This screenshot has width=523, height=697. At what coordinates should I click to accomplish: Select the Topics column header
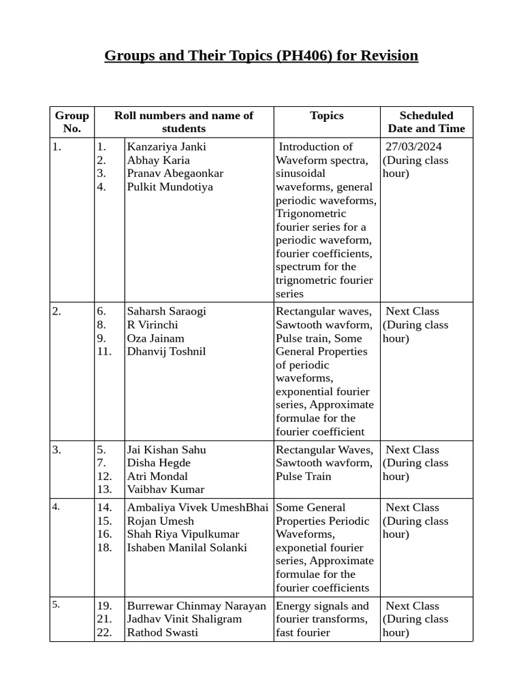(327, 116)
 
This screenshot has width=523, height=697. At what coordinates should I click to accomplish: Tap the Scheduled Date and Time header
(426, 122)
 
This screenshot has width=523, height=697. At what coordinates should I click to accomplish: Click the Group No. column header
(72, 122)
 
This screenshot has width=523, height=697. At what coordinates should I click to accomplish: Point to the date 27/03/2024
(413, 147)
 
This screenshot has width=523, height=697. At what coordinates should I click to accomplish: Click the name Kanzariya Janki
(166, 147)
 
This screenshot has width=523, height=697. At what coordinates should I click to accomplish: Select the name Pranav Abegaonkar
(175, 174)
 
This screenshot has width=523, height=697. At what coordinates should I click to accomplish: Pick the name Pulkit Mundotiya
(170, 187)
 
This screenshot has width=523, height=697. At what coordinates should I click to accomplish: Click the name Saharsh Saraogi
(166, 312)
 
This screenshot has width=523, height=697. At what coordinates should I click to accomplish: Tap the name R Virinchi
(153, 325)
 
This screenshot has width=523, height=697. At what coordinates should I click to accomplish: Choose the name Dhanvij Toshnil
(166, 352)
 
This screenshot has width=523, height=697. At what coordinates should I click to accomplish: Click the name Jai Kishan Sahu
(166, 450)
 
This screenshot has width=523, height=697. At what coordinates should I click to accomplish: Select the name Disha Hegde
(159, 464)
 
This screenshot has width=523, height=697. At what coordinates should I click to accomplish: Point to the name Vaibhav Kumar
(165, 489)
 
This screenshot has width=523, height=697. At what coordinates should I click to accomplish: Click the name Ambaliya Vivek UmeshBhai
(197, 508)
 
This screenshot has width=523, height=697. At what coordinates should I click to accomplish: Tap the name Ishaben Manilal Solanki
(187, 548)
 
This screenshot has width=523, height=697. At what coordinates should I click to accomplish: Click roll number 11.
(104, 352)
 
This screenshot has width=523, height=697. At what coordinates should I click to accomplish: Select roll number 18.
(104, 548)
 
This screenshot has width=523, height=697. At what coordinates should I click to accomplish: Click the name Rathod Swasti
(163, 633)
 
